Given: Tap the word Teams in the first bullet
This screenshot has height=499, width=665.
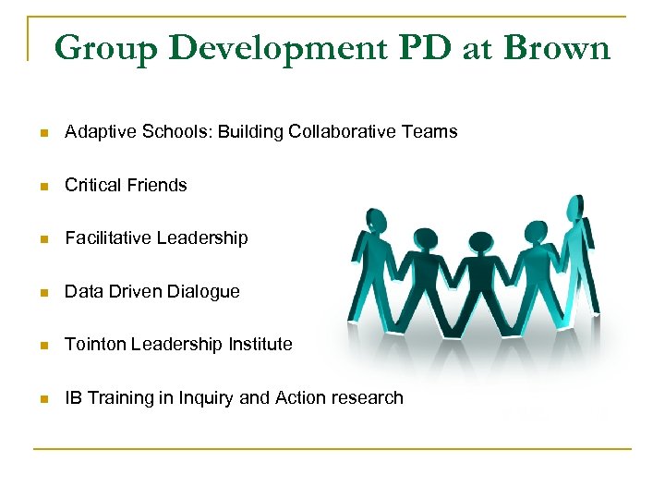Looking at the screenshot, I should (x=429, y=131).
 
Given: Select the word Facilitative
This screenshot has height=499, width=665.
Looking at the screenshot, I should (x=108, y=237).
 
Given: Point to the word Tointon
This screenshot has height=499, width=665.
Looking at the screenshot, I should (x=95, y=344).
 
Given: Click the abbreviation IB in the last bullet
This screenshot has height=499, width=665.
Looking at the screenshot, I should (x=73, y=397).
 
